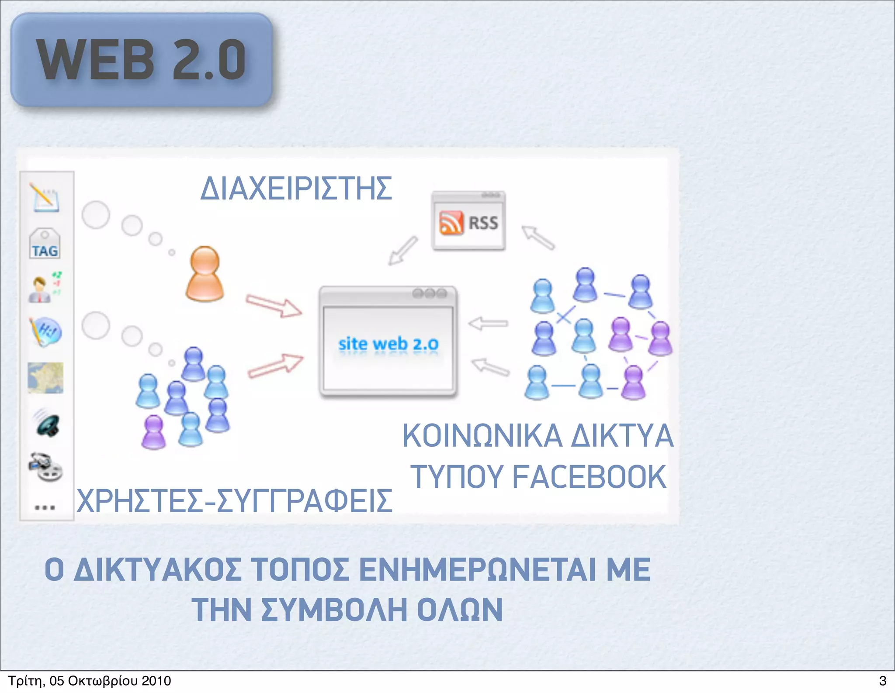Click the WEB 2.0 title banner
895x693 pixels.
142,60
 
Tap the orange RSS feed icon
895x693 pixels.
451,223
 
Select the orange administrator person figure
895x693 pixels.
205,274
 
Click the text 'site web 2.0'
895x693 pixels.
388,344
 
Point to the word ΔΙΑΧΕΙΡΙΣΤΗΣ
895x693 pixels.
296,189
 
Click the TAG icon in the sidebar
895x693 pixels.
45,244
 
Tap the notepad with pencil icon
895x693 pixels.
45,197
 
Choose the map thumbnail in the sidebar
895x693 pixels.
45,378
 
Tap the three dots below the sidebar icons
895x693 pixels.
45,507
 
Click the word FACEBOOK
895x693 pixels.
589,477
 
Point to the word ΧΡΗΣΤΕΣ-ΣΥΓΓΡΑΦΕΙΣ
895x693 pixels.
234,501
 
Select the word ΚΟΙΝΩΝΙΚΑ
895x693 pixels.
477,436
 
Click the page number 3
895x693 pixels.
882,681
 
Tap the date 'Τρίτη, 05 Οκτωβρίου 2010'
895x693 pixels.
90,681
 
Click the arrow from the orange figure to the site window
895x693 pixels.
274,305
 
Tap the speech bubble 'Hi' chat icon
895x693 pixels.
46,332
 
